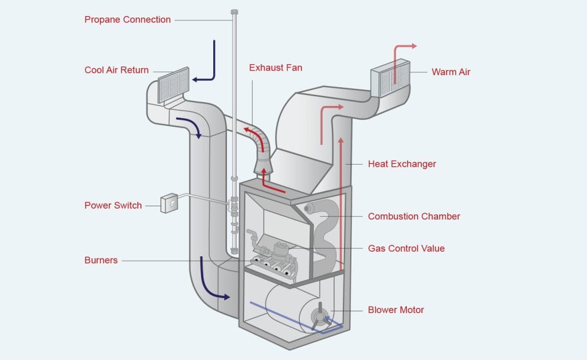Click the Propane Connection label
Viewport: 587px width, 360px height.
[127, 19]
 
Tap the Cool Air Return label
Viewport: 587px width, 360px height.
[116, 70]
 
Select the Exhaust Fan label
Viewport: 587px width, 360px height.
[275, 68]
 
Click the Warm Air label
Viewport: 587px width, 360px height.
[451, 72]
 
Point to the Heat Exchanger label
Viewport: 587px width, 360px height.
[402, 164]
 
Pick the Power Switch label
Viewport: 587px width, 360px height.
[113, 205]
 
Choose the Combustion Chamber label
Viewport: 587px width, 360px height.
[414, 216]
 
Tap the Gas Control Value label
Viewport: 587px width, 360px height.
[406, 248]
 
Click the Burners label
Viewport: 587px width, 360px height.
[101, 260]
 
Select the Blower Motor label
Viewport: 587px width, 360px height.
[396, 310]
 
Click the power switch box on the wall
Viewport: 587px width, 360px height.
[169, 204]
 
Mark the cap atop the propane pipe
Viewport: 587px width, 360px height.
[234, 12]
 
